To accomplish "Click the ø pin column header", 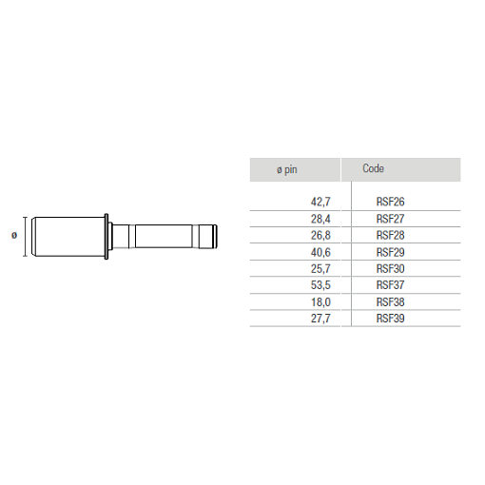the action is click(287, 170).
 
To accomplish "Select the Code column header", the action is click(373, 168).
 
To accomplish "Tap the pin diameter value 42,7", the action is click(320, 202).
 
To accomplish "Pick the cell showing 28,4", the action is click(320, 219).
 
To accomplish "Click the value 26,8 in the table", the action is click(320, 235).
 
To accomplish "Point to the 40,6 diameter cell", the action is click(320, 252).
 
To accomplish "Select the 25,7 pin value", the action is click(320, 269).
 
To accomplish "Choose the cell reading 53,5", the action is click(320, 285).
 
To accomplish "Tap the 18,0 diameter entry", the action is click(320, 302).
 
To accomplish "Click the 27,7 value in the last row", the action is click(320, 319).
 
